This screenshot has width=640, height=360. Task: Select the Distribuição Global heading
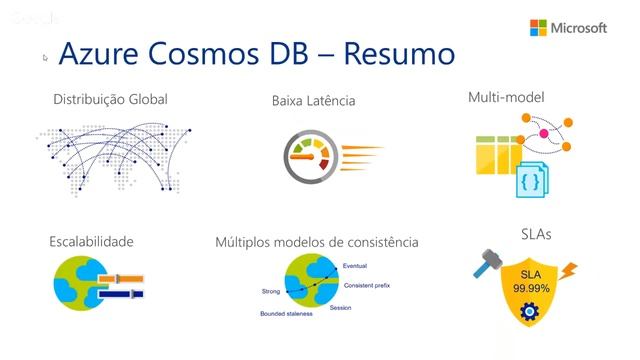(x=110, y=99)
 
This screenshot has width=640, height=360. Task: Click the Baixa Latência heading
(x=313, y=101)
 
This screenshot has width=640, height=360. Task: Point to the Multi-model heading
(x=506, y=98)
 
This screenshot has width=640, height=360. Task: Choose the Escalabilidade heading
(x=91, y=241)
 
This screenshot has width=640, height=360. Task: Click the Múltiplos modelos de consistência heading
(x=317, y=242)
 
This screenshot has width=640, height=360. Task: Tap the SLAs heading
(x=535, y=235)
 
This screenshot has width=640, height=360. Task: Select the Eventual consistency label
(x=355, y=266)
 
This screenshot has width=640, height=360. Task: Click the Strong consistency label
(x=271, y=292)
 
